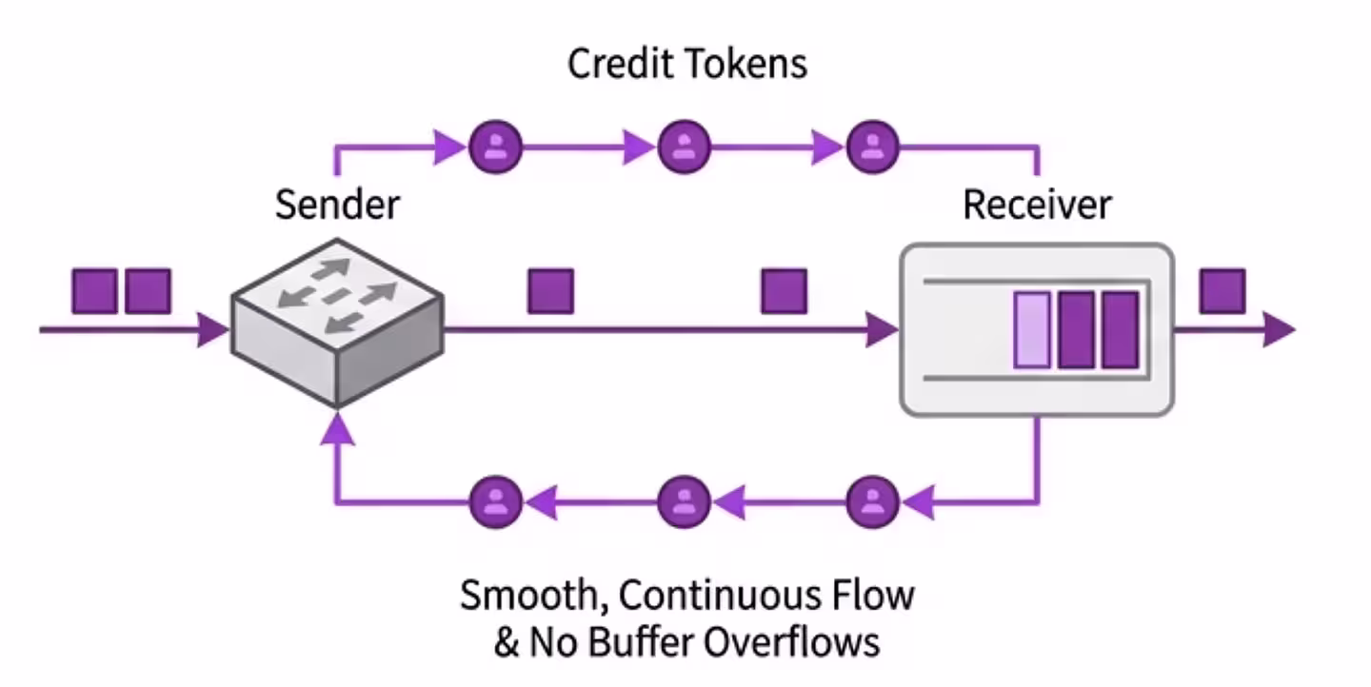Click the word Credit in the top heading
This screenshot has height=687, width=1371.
point(623,65)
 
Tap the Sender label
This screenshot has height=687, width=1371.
point(337,205)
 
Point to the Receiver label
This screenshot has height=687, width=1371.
point(1036,205)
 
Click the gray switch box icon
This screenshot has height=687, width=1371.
point(337,324)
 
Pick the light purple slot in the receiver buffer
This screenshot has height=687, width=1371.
point(1032,329)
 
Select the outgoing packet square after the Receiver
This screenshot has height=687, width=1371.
point(1222,291)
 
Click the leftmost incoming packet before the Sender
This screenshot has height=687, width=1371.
point(94,291)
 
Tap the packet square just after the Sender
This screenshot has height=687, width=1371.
point(550,291)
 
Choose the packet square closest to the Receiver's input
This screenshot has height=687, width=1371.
point(784,291)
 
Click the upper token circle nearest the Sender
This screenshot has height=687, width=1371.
point(495,147)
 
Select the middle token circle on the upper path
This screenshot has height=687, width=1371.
point(684,147)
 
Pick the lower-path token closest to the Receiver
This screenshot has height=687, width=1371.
point(872,499)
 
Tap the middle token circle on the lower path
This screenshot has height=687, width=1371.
point(684,499)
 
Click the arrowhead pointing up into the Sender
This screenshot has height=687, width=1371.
point(337,430)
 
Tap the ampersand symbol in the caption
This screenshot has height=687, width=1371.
point(506,642)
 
